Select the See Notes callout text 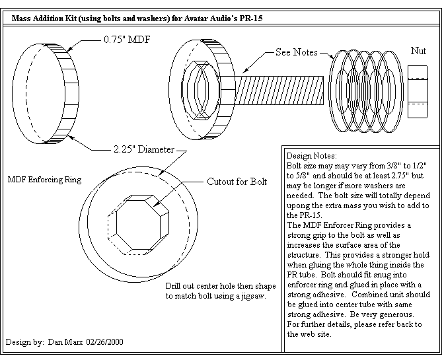coord(297,52)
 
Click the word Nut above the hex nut coord(418,50)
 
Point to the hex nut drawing coord(418,89)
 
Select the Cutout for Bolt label coord(237,182)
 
